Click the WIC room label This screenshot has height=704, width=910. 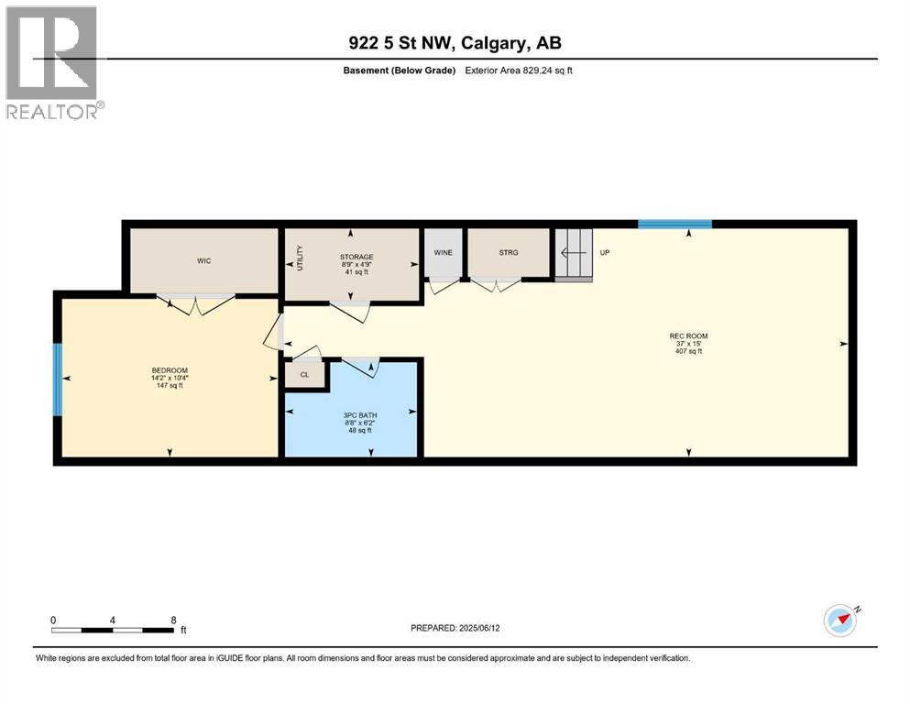click(203, 261)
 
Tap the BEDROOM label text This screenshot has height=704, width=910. click(169, 370)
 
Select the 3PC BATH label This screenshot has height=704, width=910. click(354, 414)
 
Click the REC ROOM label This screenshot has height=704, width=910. click(688, 335)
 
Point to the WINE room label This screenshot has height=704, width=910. click(444, 252)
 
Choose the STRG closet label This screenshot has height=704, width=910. click(509, 252)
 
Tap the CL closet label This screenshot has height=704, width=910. click(305, 375)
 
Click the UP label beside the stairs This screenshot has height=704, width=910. click(604, 252)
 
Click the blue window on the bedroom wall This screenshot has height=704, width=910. click(58, 379)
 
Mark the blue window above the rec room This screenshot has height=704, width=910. click(674, 223)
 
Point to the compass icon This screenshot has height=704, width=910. click(841, 620)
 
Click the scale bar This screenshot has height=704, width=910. click(113, 630)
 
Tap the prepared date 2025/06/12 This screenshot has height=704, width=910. click(455, 628)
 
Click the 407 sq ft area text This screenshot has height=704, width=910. click(688, 352)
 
